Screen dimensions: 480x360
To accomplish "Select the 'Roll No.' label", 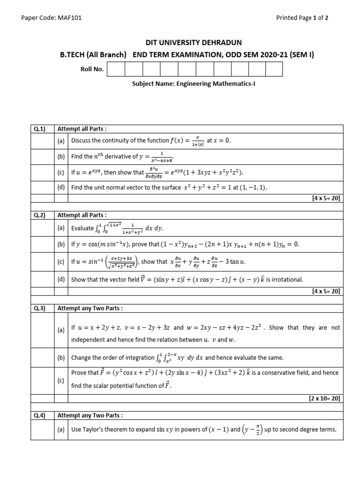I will tap(92, 69).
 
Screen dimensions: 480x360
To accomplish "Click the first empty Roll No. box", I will tap(115, 69).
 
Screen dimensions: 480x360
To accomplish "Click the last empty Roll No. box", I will tap(274, 69).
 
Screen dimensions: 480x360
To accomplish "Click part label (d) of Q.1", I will tap(61, 187).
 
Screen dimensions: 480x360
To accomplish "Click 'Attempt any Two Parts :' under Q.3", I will tap(90, 308).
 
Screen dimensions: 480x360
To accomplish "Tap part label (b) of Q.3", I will tap(61, 358).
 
